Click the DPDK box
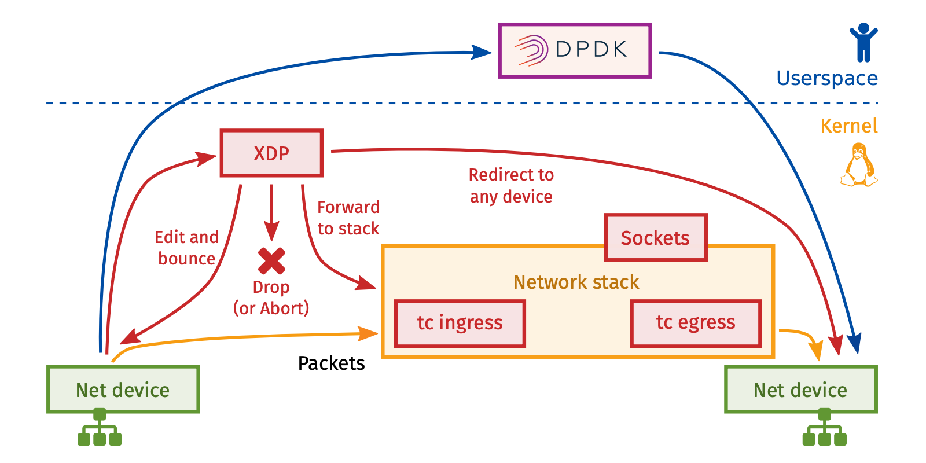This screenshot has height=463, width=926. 575,50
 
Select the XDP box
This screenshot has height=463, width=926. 271,153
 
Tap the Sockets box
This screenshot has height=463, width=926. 655,238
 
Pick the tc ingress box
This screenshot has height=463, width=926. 460,323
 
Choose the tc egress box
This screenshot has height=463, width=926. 695,323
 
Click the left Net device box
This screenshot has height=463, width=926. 123,389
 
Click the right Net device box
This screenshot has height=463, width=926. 800,389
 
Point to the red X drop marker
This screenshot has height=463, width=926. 271,260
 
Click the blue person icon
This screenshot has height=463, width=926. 863,42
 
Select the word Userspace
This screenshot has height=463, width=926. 827,78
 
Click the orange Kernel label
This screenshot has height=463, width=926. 849,126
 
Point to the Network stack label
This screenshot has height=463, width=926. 576,282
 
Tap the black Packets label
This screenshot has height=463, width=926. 331,363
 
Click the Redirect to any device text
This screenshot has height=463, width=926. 511,186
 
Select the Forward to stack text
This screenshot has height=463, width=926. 348,218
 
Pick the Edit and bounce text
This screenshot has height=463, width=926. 186,248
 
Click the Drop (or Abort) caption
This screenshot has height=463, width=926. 271,297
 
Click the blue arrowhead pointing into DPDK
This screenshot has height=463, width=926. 482,52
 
